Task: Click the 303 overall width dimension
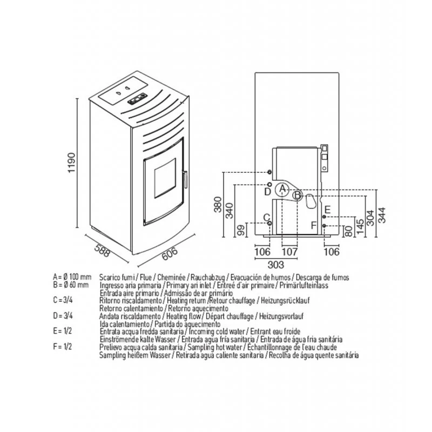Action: tap(275, 265)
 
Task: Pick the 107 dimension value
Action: tap(290, 252)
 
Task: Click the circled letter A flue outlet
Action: tap(282, 188)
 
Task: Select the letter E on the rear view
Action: tap(327, 208)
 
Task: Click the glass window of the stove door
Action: tap(163, 178)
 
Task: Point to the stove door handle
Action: tap(185, 180)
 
